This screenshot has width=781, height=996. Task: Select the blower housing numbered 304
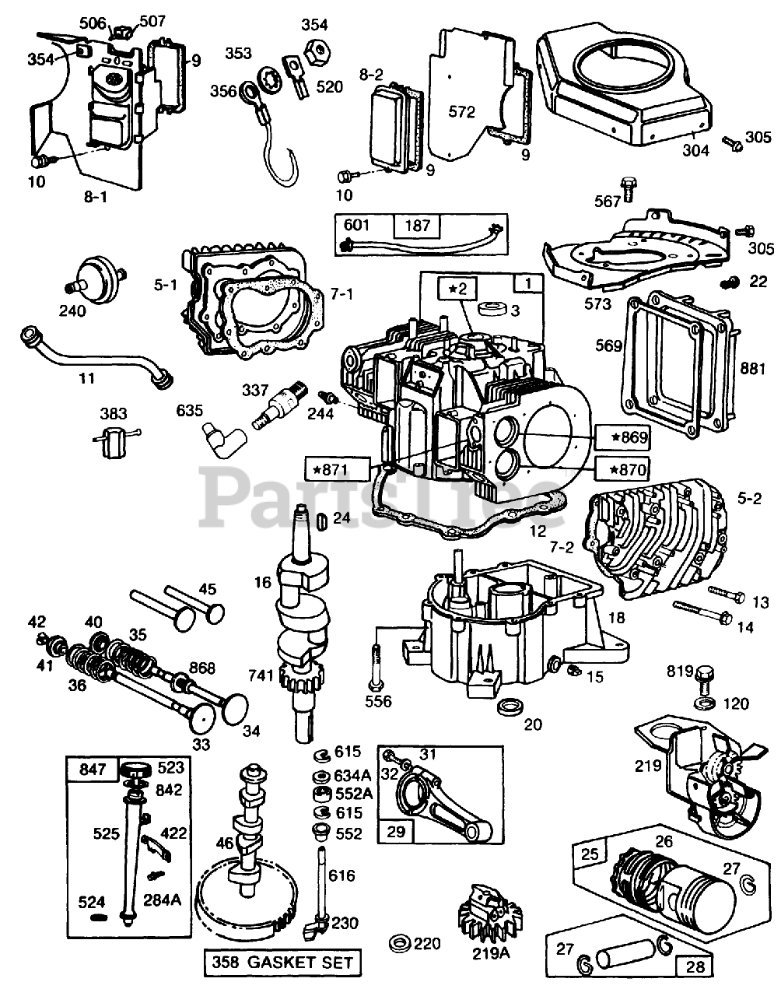click(x=624, y=87)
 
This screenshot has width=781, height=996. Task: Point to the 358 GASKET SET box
click(x=282, y=963)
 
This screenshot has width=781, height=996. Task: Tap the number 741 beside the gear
click(x=261, y=675)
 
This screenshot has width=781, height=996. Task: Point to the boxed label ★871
click(x=337, y=469)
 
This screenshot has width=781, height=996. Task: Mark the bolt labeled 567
click(x=628, y=188)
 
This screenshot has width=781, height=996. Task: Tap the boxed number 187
click(x=417, y=226)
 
